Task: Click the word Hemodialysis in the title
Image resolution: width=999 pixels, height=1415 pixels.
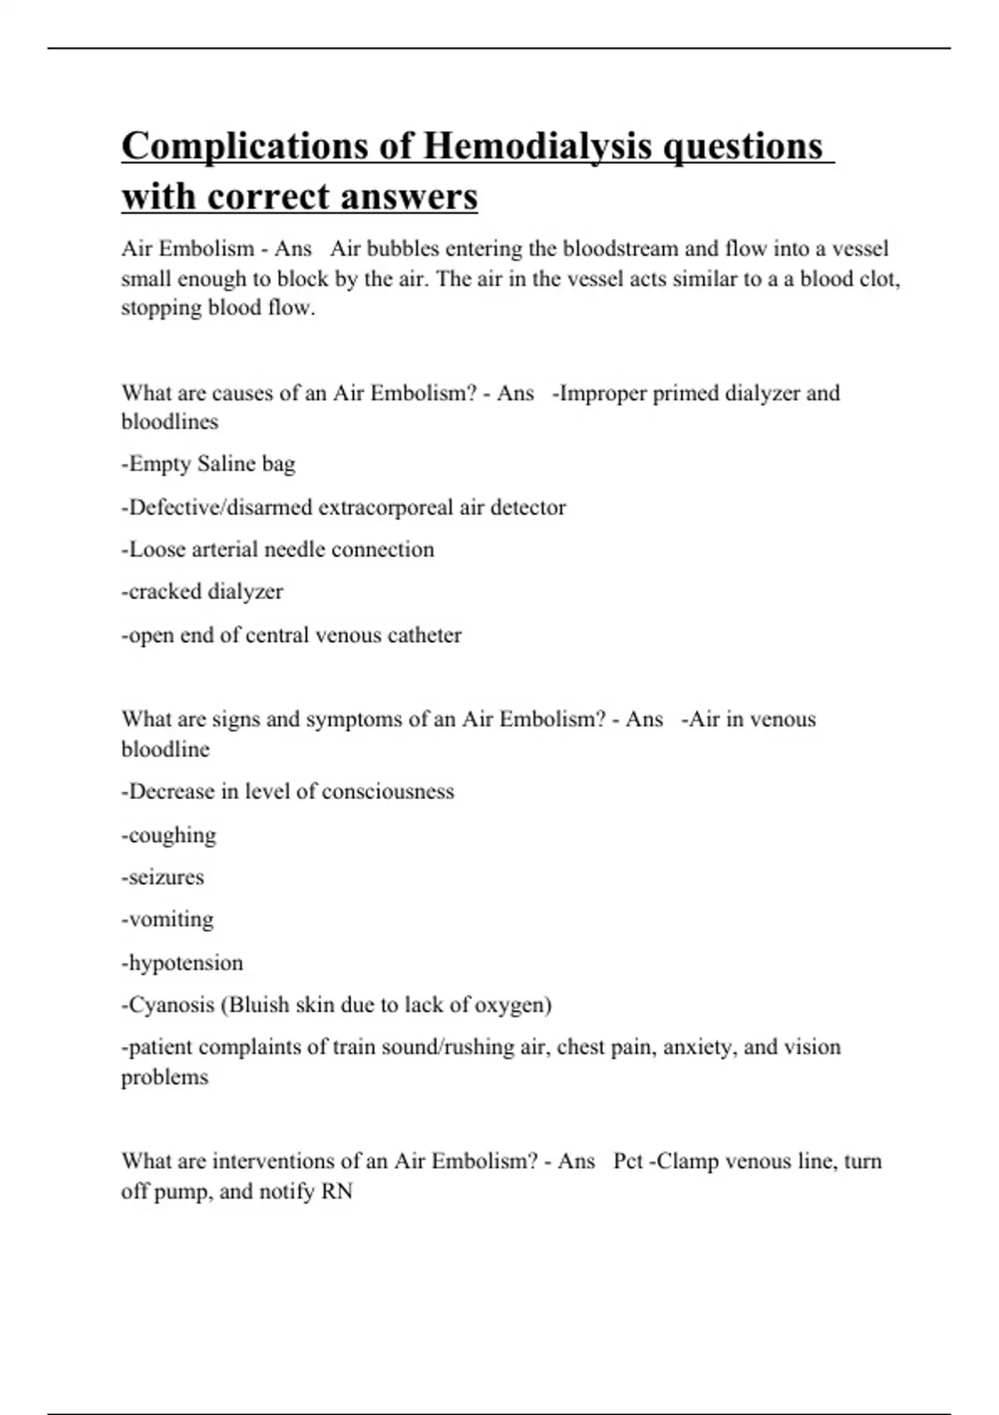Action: coord(537,146)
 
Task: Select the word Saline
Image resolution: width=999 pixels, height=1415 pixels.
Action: coord(226,464)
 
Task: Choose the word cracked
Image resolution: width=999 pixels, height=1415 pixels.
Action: coord(162,592)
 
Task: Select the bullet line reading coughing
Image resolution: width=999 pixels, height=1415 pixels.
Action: coord(169,836)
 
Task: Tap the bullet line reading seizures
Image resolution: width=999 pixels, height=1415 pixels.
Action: coord(163,877)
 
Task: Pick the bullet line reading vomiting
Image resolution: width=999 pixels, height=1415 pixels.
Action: coord(168,920)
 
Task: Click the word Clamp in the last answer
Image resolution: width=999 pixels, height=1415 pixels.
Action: coord(687,1161)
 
